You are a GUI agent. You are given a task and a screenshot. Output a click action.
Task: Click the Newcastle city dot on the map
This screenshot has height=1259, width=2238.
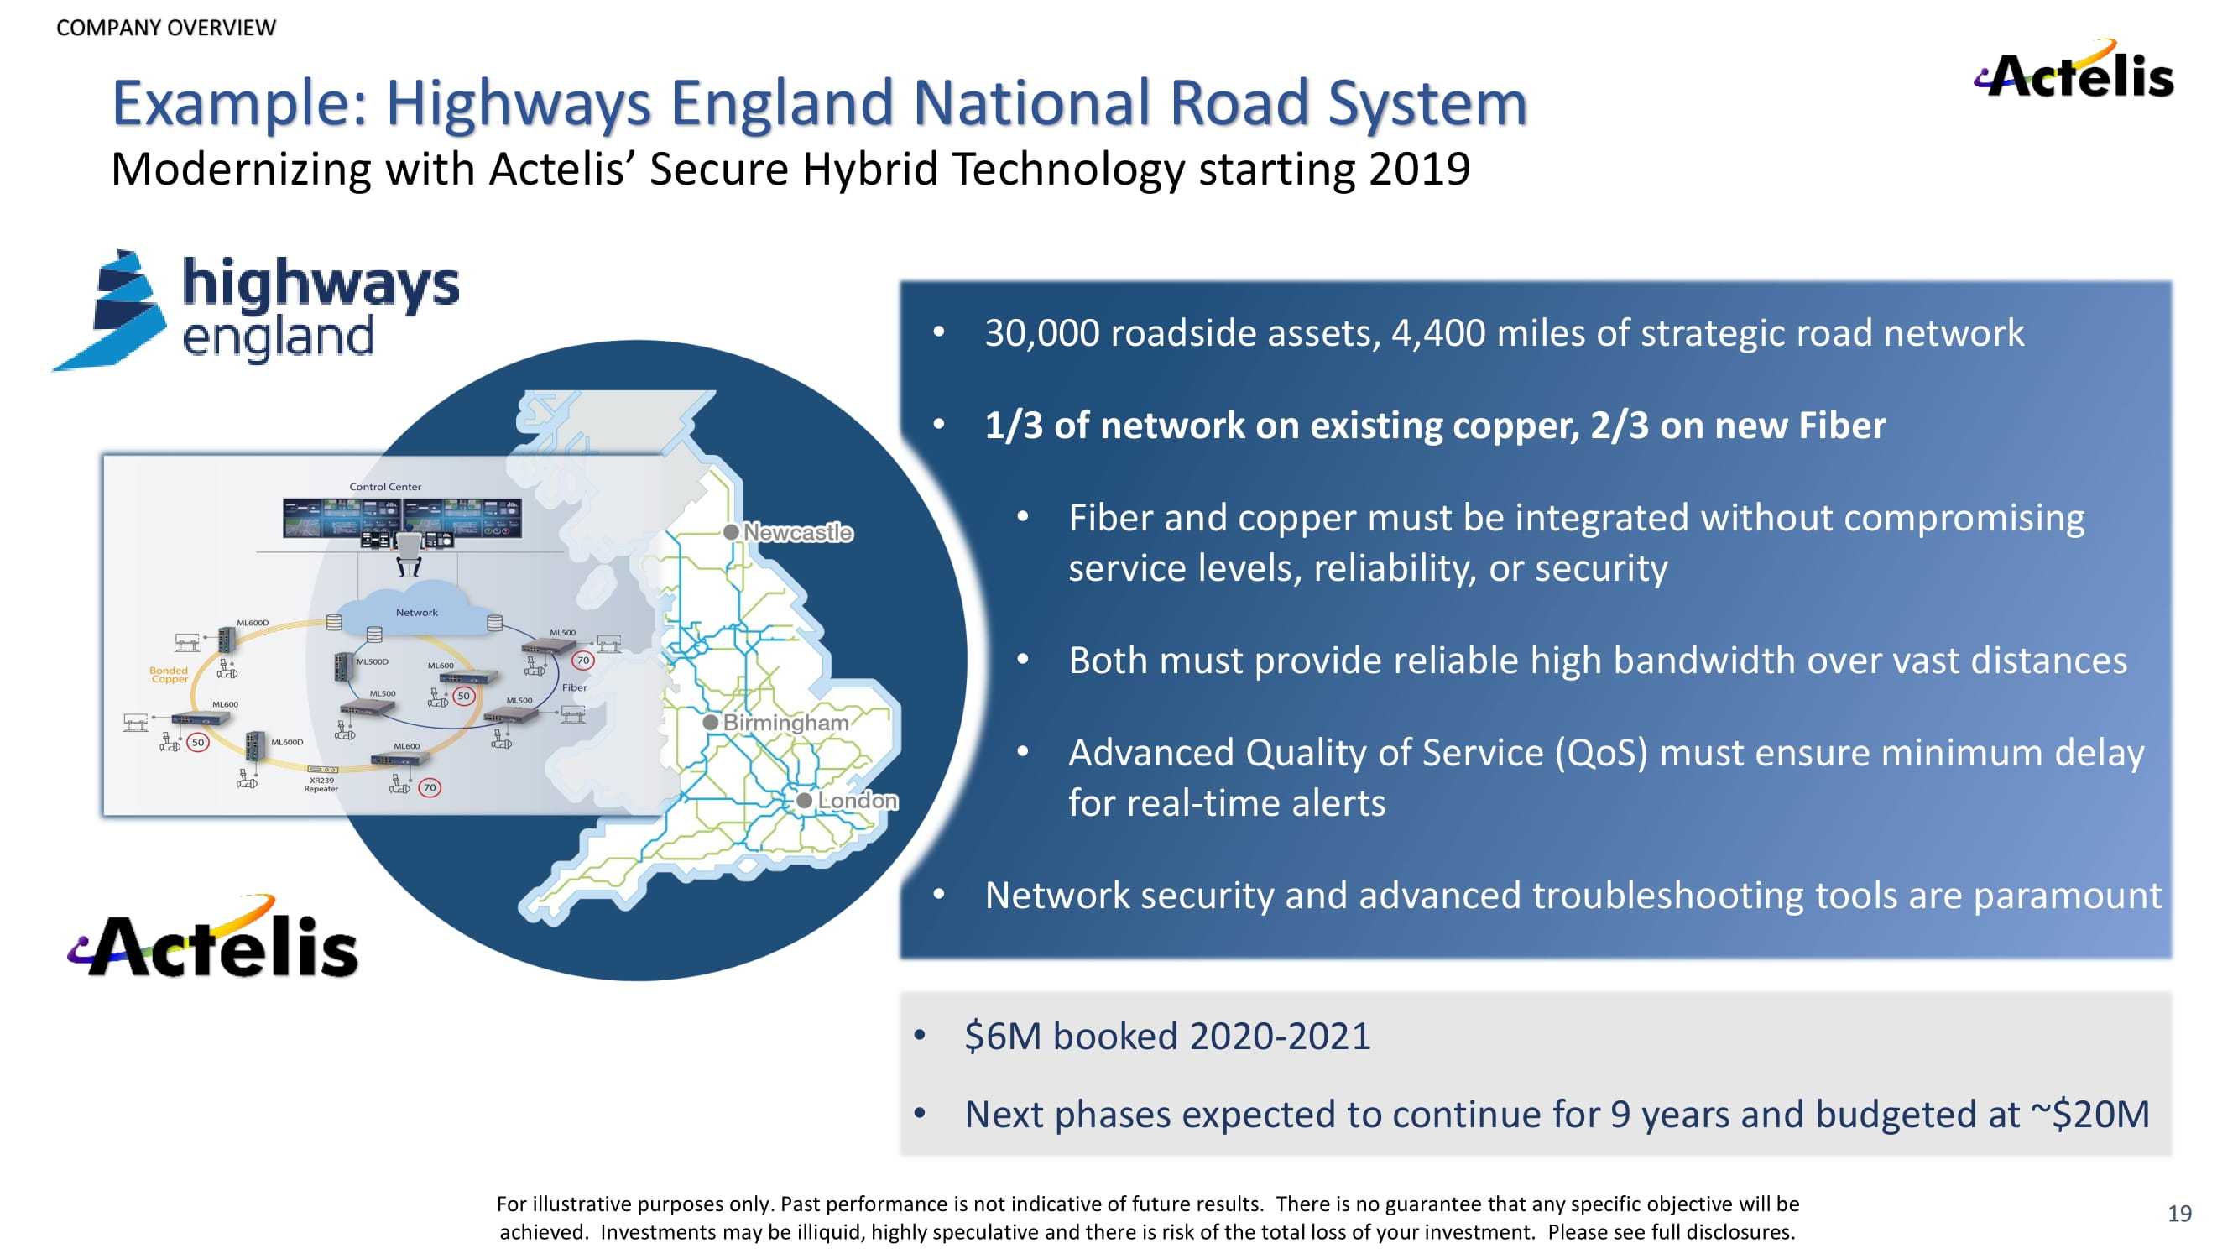click(x=732, y=532)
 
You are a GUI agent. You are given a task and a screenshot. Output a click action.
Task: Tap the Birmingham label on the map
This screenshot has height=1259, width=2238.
click(x=785, y=722)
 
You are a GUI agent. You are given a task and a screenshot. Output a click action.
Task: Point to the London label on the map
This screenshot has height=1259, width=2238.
click(x=858, y=799)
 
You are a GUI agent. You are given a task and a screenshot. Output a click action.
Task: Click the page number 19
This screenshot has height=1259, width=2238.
click(x=2179, y=1213)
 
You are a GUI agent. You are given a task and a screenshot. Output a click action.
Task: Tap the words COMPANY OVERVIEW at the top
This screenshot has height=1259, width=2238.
click(x=166, y=28)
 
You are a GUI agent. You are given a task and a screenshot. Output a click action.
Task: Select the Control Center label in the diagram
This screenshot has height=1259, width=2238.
click(x=385, y=487)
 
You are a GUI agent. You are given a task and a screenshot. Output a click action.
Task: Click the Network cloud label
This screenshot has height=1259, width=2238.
click(x=417, y=613)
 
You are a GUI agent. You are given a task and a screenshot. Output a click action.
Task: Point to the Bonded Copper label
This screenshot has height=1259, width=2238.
click(x=169, y=675)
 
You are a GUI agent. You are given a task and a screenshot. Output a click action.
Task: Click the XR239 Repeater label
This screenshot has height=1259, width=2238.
click(x=321, y=785)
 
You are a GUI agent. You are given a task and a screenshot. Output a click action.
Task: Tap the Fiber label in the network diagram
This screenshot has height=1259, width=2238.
click(x=574, y=687)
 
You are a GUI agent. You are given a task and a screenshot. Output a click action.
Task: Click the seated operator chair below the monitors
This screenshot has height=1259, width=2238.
click(x=409, y=554)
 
